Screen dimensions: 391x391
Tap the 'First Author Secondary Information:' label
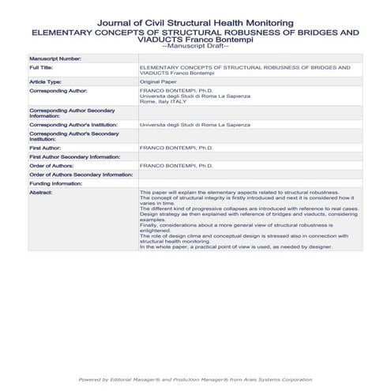coord(73,157)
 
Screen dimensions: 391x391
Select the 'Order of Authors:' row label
coord(52,166)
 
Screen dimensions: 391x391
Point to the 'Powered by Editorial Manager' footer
coord(195,380)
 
